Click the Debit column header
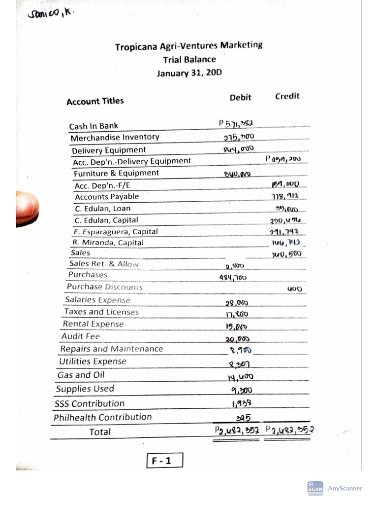point(240,98)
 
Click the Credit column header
point(287,96)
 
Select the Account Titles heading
point(95,101)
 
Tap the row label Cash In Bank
point(94,126)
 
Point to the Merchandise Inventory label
point(115,137)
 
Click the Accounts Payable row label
point(107,196)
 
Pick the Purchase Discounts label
point(105,287)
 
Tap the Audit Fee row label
point(80,336)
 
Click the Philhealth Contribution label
point(102,417)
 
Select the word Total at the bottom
point(100,432)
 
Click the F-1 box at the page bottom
point(164,461)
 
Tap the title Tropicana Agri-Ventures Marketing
point(189,46)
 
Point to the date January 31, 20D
point(189,73)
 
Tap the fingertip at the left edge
point(27,208)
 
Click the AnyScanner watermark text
point(345,488)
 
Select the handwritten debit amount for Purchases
point(233,278)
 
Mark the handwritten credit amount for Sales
point(286,254)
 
